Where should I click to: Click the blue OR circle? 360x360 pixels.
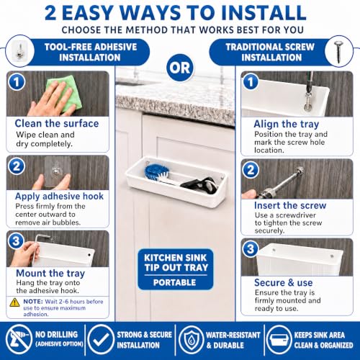coord(180,68)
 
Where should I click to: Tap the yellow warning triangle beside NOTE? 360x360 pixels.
coord(14,302)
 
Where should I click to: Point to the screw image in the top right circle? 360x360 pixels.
coord(338,52)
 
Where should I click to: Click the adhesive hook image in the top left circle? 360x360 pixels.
coord(19,51)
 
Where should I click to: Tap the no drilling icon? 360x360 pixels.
coord(19,339)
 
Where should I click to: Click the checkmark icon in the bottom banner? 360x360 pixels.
coord(101,339)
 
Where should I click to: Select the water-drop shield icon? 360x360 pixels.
coord(191,339)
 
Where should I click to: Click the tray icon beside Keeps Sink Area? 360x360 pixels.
coord(279,339)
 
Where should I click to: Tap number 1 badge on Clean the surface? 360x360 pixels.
coord(17,82)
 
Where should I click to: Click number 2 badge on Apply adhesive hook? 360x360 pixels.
coord(17,166)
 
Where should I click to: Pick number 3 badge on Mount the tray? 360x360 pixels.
coord(16,240)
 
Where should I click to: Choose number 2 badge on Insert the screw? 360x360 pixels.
coord(251,170)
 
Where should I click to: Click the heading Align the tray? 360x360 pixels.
coord(287,124)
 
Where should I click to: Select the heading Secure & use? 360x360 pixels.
coord(284,282)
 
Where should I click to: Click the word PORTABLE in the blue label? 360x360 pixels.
coord(175,282)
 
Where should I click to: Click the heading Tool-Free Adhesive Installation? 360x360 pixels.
coord(90,52)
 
